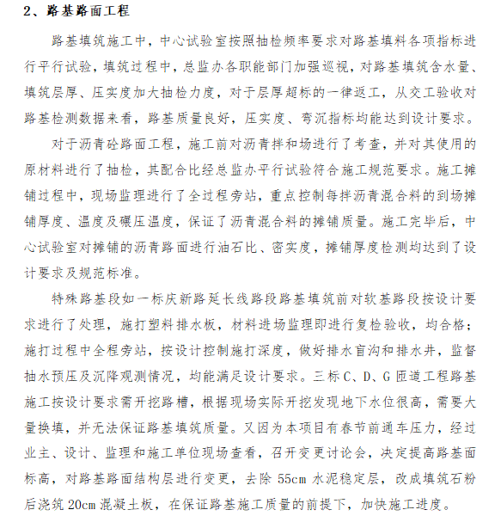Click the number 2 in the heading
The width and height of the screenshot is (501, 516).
coord(27,11)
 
